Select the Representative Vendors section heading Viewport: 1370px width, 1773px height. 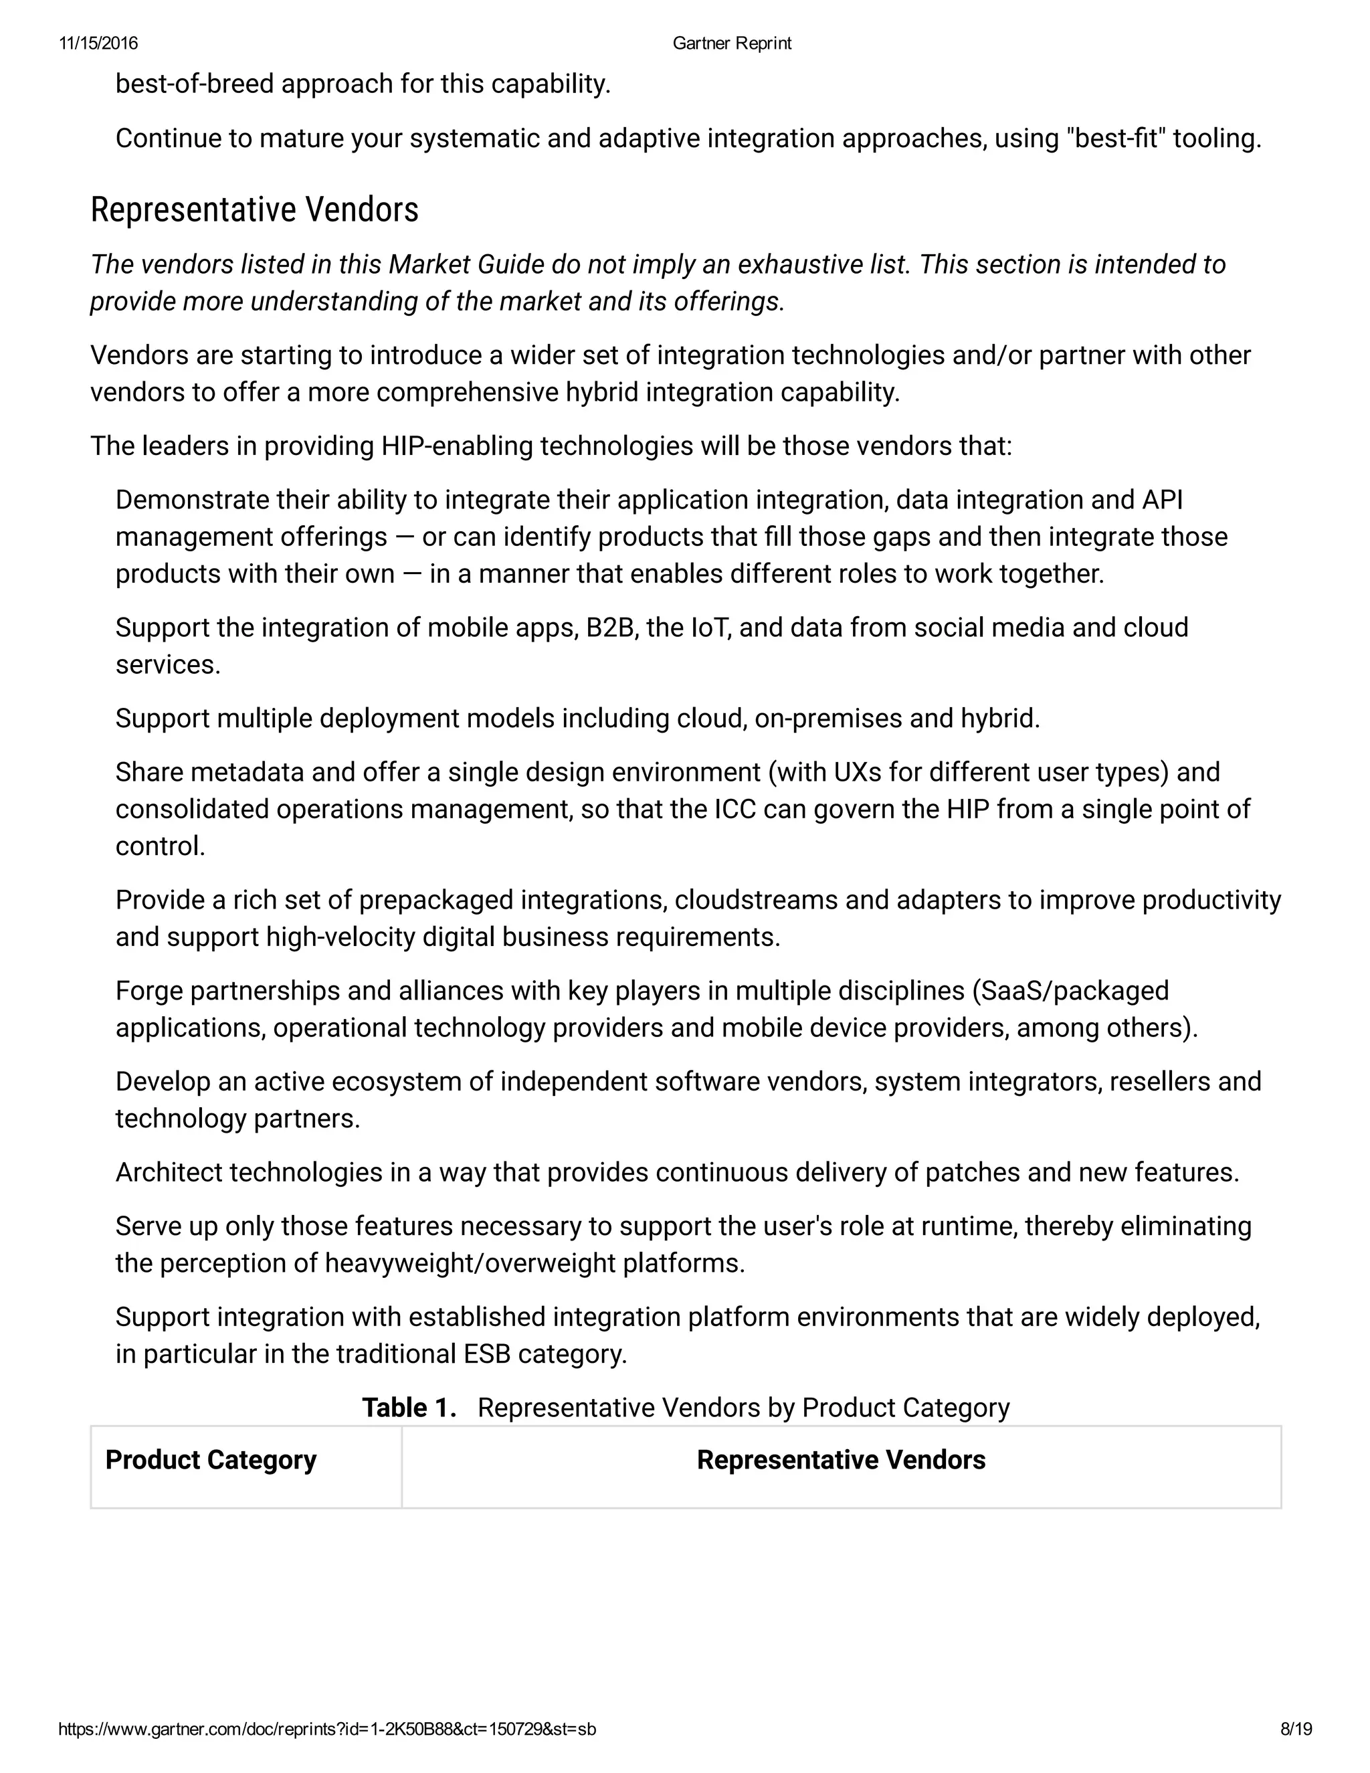254,209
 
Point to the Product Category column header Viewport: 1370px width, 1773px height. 210,1460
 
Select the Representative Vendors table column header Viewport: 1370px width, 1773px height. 841,1460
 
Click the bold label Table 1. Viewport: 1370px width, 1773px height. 409,1408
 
